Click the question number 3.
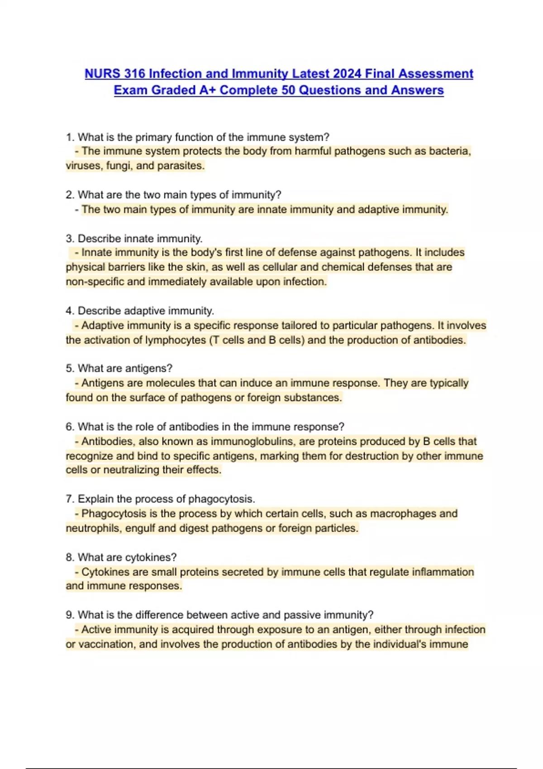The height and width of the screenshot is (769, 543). [70, 238]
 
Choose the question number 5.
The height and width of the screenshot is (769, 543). [70, 368]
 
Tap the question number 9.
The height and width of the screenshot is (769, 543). [70, 615]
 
